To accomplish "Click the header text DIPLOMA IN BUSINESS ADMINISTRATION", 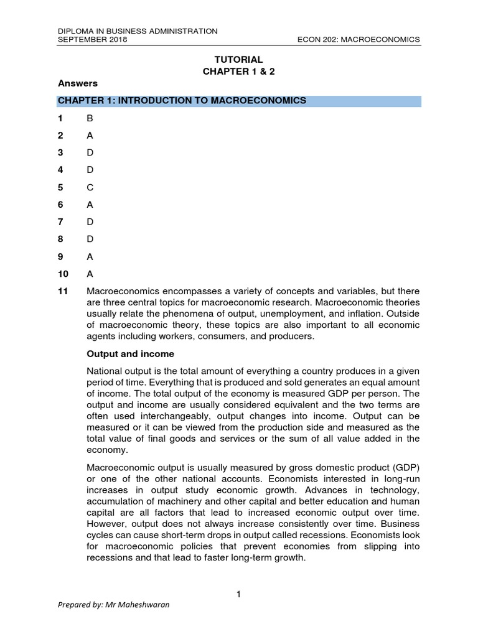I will coord(137,30).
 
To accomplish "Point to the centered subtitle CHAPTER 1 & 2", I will coord(238,71).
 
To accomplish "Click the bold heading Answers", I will coord(78,83).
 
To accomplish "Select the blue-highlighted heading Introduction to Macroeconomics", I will coord(182,101).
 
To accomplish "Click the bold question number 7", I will coord(60,221).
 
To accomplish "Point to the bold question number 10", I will coord(63,273).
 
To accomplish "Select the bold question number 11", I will coord(63,291).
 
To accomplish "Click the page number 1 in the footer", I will coord(238,595).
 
